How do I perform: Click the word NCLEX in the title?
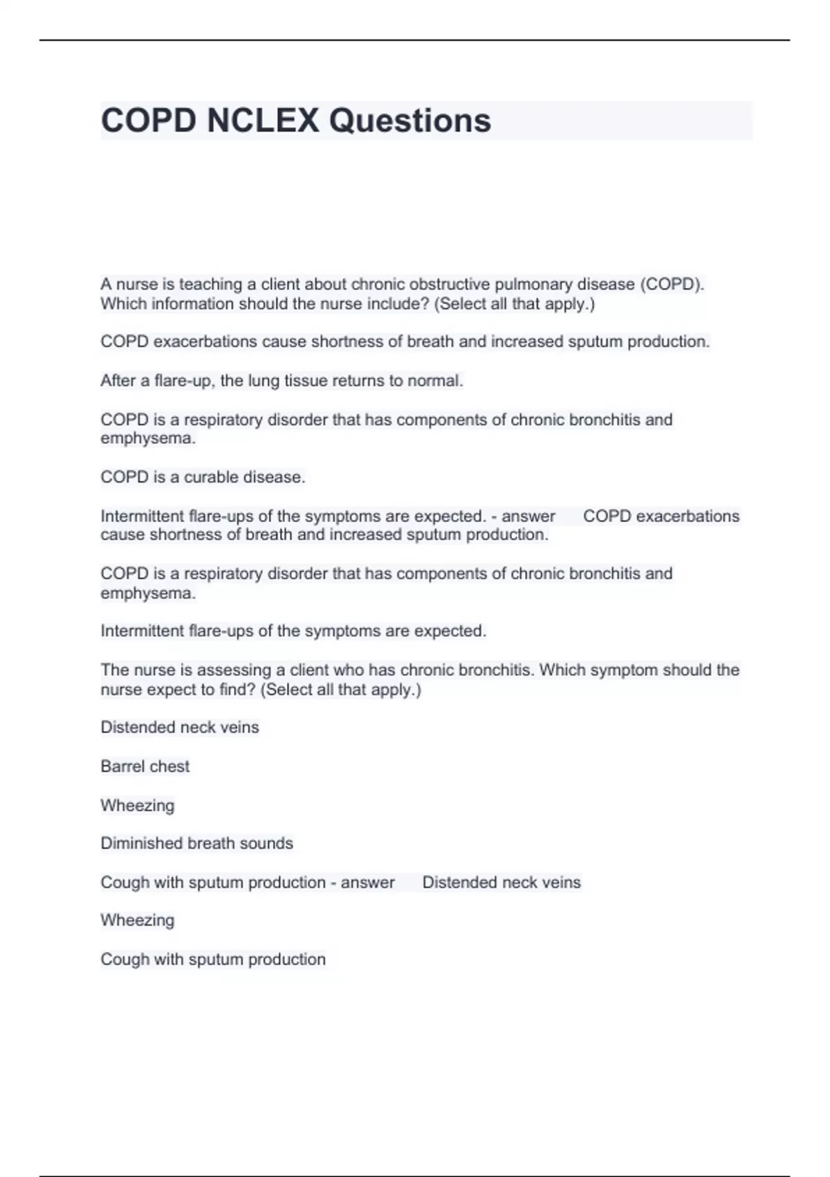point(263,120)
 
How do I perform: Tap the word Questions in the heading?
point(409,120)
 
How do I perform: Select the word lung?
point(263,381)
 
